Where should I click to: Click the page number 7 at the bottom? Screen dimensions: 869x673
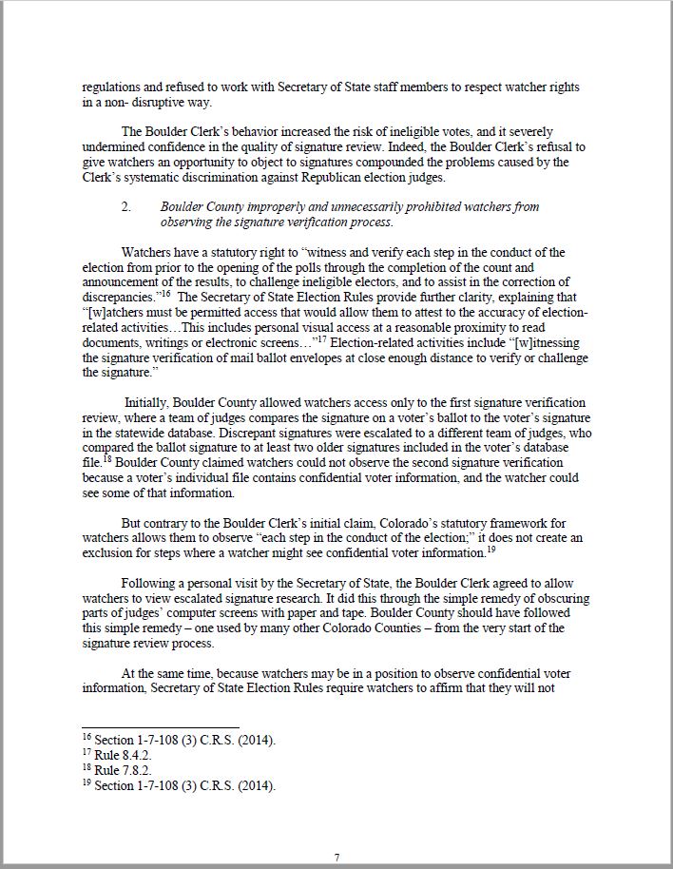pos(336,857)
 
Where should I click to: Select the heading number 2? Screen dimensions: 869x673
pos(126,206)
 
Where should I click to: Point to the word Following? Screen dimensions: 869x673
pos(150,583)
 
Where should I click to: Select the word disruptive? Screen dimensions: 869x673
pos(177,102)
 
